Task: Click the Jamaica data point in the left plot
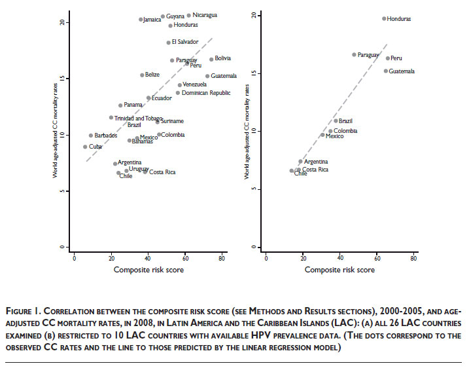[141, 20]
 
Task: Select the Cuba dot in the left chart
[85, 147]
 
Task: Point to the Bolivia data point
[211, 59]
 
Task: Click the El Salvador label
[184, 43]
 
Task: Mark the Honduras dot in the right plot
[384, 18]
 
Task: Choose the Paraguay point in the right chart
[354, 54]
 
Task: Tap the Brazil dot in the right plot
[336, 120]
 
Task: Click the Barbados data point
[91, 136]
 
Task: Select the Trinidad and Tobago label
[138, 119]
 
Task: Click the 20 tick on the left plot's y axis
[63, 22]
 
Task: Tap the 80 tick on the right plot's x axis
[414, 259]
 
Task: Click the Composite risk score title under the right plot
[340, 270]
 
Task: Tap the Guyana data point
[163, 16]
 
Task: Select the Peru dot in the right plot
[387, 58]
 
